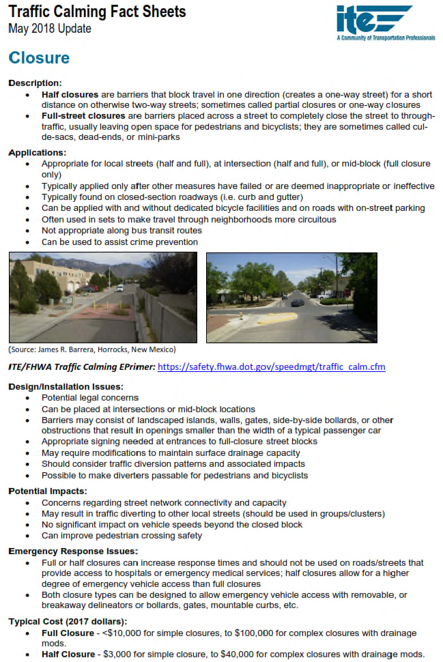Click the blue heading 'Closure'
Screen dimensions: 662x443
point(39,58)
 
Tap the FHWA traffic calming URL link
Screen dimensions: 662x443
point(271,367)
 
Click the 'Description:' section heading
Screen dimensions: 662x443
point(35,83)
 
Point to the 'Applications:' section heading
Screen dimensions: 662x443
point(38,153)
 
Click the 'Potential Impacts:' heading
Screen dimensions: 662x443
point(47,491)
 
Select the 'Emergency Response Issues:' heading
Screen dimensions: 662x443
point(73,551)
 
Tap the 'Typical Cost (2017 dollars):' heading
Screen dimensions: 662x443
point(68,622)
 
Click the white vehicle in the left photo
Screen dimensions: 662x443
point(120,289)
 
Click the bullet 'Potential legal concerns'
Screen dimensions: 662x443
point(90,398)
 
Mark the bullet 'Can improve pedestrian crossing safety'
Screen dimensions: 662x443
point(122,536)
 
